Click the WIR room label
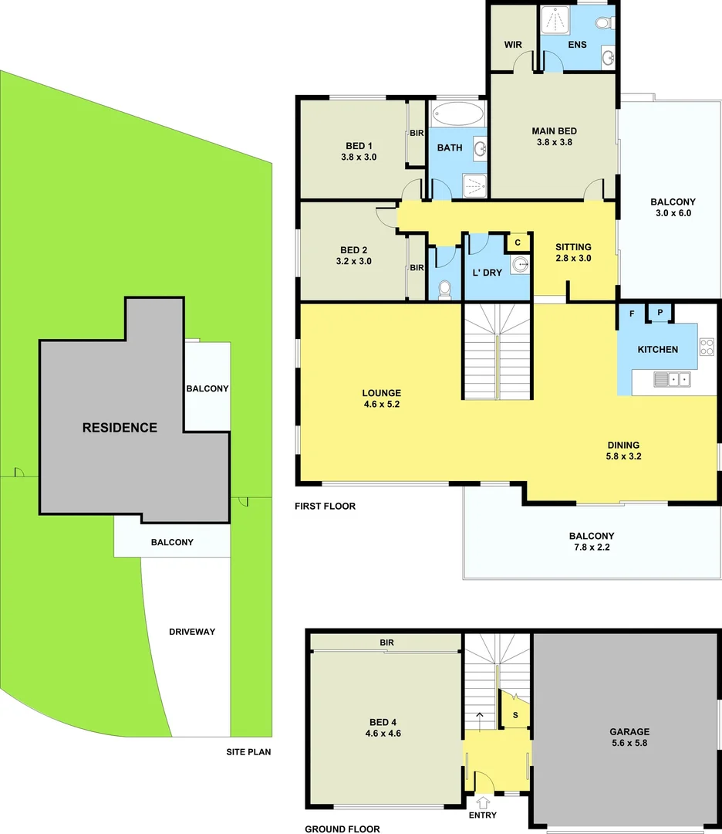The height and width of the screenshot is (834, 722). click(x=513, y=44)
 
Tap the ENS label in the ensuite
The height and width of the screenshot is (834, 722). click(x=577, y=45)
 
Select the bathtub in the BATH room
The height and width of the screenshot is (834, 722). click(x=457, y=115)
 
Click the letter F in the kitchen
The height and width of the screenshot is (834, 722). click(x=632, y=314)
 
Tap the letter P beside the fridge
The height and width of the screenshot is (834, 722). click(x=660, y=313)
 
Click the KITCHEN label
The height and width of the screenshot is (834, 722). click(x=657, y=349)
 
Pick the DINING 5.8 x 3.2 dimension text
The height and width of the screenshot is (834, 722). click(x=623, y=456)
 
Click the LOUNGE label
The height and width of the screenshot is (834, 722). click(x=381, y=393)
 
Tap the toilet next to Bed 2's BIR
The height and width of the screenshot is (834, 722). click(x=444, y=289)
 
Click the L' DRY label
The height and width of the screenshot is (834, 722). click(x=487, y=273)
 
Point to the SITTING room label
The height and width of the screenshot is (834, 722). click(x=573, y=247)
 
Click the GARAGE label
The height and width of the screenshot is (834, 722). click(x=629, y=731)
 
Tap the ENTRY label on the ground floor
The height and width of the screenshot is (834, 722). click(x=482, y=815)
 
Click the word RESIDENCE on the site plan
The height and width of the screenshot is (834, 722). click(x=120, y=427)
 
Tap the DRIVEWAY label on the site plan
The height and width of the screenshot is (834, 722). click(x=192, y=632)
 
